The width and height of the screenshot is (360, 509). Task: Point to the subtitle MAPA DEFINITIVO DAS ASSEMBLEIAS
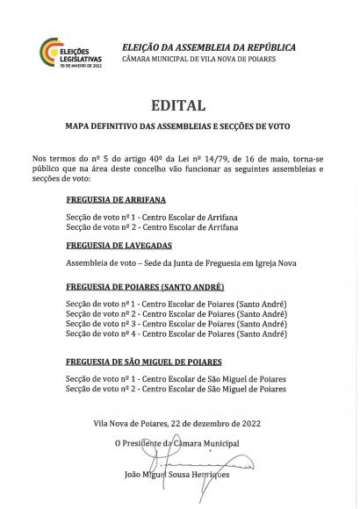178,125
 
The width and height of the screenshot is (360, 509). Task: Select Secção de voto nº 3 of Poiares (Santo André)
176,323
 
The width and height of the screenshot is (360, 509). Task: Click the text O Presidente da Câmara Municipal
178,443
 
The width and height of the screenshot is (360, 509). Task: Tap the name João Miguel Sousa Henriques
178,475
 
